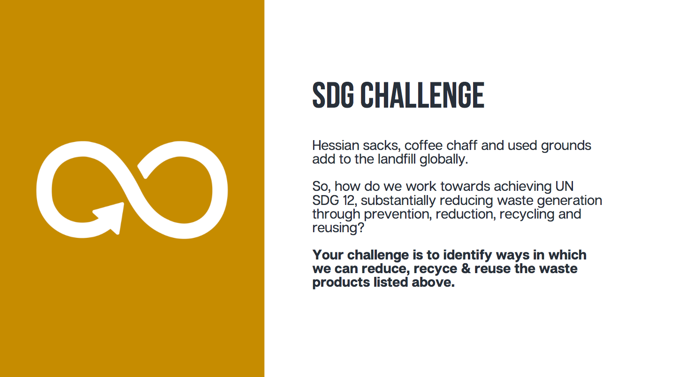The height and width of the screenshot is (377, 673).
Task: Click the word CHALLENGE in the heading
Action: click(x=422, y=95)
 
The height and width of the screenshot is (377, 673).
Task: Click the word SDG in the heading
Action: click(x=333, y=95)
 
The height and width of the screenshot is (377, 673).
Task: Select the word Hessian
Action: click(x=336, y=146)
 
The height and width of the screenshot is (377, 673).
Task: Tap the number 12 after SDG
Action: click(x=348, y=201)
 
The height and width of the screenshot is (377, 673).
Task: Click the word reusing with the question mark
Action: click(x=338, y=228)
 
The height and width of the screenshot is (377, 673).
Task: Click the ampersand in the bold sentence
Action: click(x=466, y=268)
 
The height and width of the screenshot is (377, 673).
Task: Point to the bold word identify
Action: click(x=467, y=255)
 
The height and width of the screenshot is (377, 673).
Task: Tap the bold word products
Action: click(x=341, y=283)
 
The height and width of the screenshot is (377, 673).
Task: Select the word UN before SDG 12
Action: click(x=565, y=186)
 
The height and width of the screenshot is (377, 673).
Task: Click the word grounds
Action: click(x=566, y=146)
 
